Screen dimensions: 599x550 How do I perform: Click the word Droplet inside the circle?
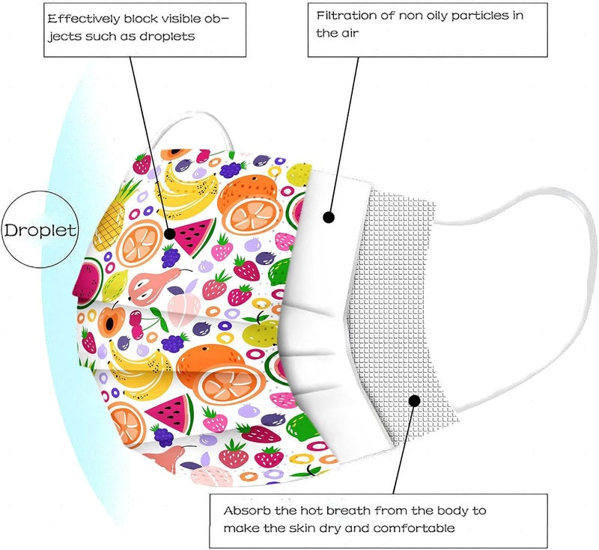[40, 230]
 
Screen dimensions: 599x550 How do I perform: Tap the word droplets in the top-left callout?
[167, 36]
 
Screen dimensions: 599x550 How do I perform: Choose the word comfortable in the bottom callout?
[414, 528]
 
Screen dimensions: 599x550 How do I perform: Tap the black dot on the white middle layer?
[329, 217]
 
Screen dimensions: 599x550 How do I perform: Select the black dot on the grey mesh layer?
[415, 400]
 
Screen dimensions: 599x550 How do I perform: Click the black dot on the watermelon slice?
[169, 233]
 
